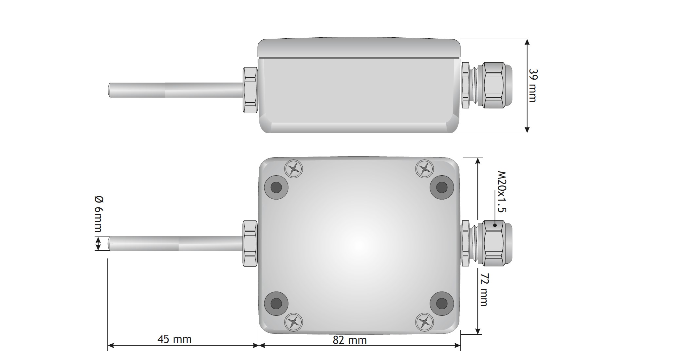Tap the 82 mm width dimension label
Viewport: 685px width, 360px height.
pos(349,340)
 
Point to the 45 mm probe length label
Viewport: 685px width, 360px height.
pos(174,339)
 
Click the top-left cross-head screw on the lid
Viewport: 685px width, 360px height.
pos(294,169)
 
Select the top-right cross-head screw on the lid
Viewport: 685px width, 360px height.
pos(424,169)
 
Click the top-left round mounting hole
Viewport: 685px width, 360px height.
pos(276,187)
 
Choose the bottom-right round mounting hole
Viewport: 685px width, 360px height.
pos(442,303)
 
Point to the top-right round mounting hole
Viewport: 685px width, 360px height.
pos(442,187)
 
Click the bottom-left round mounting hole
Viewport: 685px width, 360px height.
pos(276,303)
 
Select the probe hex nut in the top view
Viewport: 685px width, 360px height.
pos(250,243)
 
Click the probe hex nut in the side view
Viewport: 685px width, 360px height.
pos(250,90)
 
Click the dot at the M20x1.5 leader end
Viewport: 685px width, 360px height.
pos(495,225)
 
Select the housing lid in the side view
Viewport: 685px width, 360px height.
pos(359,48)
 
